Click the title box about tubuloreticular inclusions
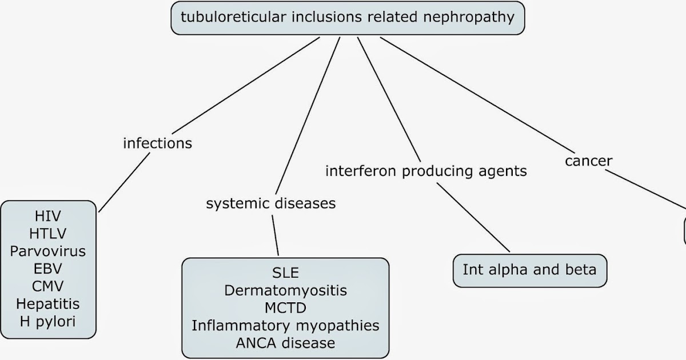coord(347,18)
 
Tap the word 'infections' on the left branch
coord(157,143)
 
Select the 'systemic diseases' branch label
coord(270,203)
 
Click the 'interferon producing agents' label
coord(426,171)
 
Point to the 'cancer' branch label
coord(588,161)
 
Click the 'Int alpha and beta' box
coord(529,270)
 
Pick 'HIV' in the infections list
coord(48,217)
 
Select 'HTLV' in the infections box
coord(48,234)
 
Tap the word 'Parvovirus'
coord(48,251)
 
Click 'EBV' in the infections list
coord(48,269)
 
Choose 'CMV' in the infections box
coord(48,286)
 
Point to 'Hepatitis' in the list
coord(48,303)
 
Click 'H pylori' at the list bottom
coord(48,321)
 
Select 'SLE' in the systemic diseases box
coord(285,273)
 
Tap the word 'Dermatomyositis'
coord(285,290)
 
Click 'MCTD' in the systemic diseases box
coord(285,308)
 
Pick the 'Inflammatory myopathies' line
coord(285,326)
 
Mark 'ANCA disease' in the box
coord(285,343)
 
